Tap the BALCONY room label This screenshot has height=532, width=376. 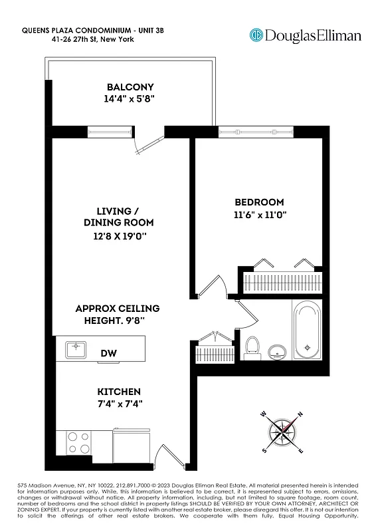click(x=130, y=87)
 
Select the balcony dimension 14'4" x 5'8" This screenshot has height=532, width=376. click(x=130, y=100)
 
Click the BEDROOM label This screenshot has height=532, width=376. click(x=259, y=202)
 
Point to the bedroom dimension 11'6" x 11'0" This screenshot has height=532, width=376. click(x=259, y=215)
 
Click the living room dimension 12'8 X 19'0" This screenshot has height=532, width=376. click(x=118, y=235)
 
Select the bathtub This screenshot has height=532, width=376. click(x=306, y=331)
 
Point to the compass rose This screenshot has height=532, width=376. click(x=282, y=432)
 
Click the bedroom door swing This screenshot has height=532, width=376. click(x=214, y=287)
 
